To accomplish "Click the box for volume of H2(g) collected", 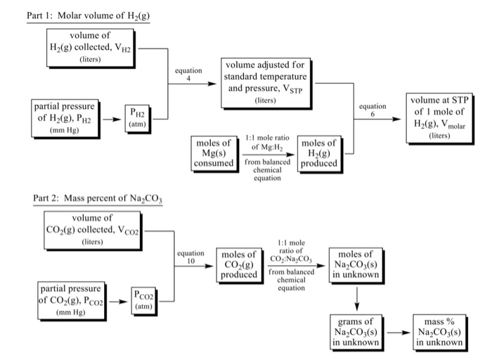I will pos(89,47).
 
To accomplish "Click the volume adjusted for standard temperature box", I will pos(266,83).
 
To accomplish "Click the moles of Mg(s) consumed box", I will pos(214,153).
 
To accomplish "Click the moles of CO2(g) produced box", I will pos(238,264).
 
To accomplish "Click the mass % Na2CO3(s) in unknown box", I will pos(439,331).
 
